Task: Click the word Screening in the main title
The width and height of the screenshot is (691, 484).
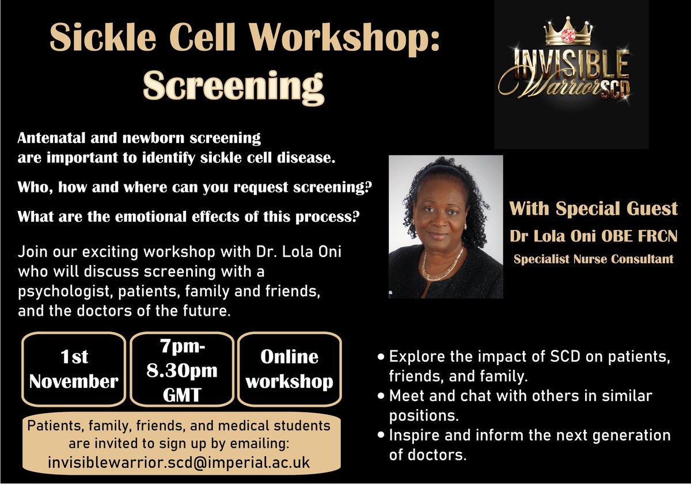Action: pyautogui.click(x=233, y=86)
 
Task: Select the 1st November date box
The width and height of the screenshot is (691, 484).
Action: pyautogui.click(x=74, y=369)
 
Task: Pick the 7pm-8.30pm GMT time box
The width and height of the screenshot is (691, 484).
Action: pyautogui.click(x=183, y=369)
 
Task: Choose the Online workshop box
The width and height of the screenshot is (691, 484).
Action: pyautogui.click(x=289, y=369)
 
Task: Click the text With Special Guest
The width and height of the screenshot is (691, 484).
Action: pyautogui.click(x=594, y=209)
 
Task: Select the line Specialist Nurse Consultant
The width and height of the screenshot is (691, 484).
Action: pyautogui.click(x=594, y=259)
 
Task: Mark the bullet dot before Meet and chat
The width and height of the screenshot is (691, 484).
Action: pyautogui.click(x=381, y=396)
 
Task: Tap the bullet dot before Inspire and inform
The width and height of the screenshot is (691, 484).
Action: pyautogui.click(x=381, y=435)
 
